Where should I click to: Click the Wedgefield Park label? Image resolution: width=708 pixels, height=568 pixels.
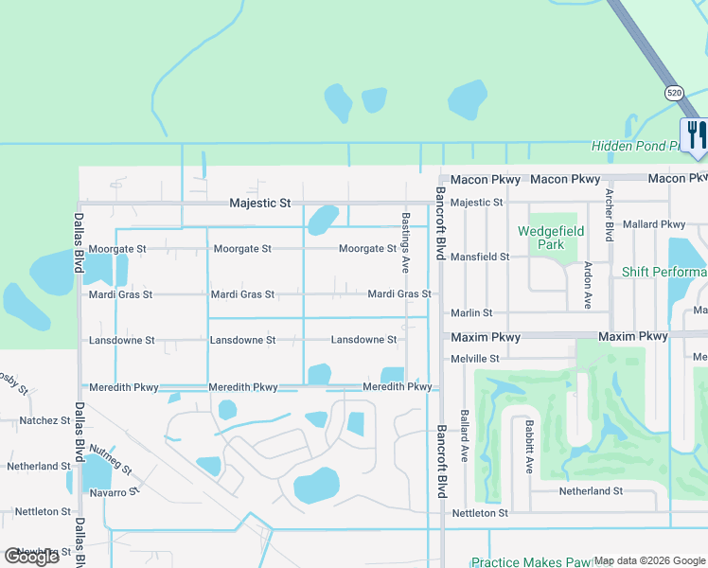(551, 238)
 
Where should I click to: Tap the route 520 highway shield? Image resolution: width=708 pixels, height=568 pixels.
(673, 93)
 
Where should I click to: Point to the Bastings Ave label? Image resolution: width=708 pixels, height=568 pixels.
(405, 243)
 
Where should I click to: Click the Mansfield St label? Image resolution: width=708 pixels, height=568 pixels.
(479, 257)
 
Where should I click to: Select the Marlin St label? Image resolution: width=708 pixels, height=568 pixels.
(471, 312)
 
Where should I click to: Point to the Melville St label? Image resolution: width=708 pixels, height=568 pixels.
(475, 359)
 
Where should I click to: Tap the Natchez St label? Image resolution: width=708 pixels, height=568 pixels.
(39, 419)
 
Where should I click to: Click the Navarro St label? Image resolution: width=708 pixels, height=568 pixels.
(114, 490)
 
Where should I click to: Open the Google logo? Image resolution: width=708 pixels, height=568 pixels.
(31, 557)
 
